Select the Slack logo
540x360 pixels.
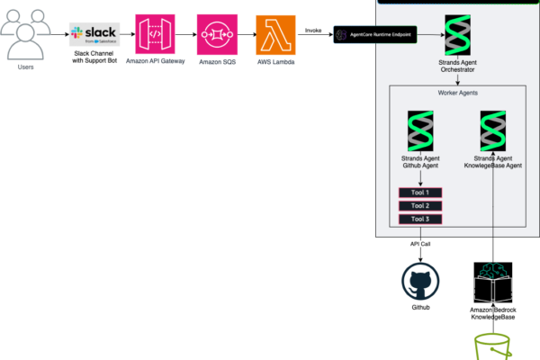click(x=94, y=35)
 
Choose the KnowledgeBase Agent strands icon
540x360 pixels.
click(x=494, y=131)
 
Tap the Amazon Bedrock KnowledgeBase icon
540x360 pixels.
click(x=493, y=283)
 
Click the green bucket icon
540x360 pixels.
click(x=493, y=346)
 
